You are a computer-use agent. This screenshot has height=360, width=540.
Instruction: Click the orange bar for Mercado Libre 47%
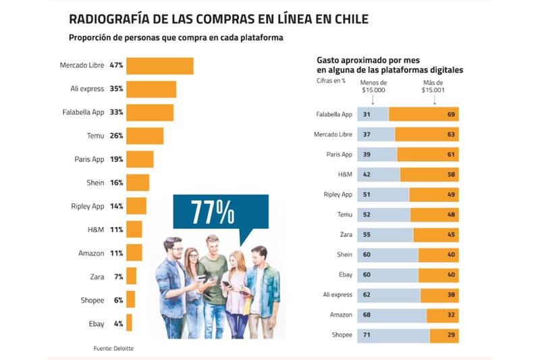(x=159, y=66)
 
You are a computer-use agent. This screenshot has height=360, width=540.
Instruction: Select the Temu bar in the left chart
(x=144, y=136)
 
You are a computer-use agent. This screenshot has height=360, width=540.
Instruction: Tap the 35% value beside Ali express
(x=116, y=89)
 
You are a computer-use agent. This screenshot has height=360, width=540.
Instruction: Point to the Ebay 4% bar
(x=129, y=324)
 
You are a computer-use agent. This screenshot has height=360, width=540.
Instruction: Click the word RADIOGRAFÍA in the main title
(x=109, y=19)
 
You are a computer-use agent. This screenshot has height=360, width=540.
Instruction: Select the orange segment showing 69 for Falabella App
(x=423, y=114)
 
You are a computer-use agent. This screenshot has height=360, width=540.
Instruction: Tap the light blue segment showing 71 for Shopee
(x=393, y=335)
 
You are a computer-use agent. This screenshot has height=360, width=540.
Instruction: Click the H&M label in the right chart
(x=345, y=174)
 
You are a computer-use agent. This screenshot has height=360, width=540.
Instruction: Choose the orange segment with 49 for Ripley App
(x=433, y=195)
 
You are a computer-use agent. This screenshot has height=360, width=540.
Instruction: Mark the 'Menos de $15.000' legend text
(x=373, y=86)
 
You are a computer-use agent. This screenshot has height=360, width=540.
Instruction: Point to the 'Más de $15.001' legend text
(x=433, y=86)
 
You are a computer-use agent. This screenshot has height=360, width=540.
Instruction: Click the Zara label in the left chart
(x=97, y=277)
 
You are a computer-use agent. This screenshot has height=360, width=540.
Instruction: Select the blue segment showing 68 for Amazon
(x=391, y=315)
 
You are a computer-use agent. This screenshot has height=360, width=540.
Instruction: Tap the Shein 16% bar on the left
(x=138, y=183)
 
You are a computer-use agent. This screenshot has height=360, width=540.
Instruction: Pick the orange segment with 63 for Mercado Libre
(x=427, y=134)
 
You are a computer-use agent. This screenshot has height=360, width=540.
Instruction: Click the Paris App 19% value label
(x=116, y=159)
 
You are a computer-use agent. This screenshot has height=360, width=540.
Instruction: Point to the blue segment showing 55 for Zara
(x=385, y=235)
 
